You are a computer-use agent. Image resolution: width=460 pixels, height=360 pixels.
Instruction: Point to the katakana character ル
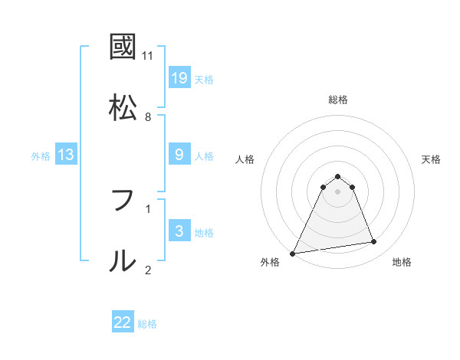point(123,261)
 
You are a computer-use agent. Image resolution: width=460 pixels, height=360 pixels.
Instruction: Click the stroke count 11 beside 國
point(148,55)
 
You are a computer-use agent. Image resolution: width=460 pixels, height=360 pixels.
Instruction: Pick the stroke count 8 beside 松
point(148,116)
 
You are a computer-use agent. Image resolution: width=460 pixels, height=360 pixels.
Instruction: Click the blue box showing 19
point(179,78)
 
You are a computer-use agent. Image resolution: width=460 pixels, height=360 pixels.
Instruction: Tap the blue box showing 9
point(179,155)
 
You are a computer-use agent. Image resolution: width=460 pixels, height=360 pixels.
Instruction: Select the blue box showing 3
point(179,231)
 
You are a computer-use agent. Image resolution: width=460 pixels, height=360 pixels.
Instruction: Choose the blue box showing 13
point(66,155)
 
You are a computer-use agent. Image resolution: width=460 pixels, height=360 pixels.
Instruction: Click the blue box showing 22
point(123,322)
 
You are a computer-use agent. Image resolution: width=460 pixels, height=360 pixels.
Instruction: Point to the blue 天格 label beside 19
point(204,79)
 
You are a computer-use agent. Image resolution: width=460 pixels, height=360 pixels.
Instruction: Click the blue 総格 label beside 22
point(147,324)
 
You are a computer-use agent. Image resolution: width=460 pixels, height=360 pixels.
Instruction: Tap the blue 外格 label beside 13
point(41,156)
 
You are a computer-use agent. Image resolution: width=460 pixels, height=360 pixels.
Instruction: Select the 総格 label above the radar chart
point(338,100)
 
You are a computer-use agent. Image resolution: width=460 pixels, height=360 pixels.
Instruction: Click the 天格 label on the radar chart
point(432,159)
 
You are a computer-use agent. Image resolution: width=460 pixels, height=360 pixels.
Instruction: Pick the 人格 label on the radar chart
point(245,159)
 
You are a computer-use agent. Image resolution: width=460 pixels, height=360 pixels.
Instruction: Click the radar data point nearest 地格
point(374,242)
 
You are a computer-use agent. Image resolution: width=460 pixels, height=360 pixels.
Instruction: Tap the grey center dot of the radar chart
point(338,191)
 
